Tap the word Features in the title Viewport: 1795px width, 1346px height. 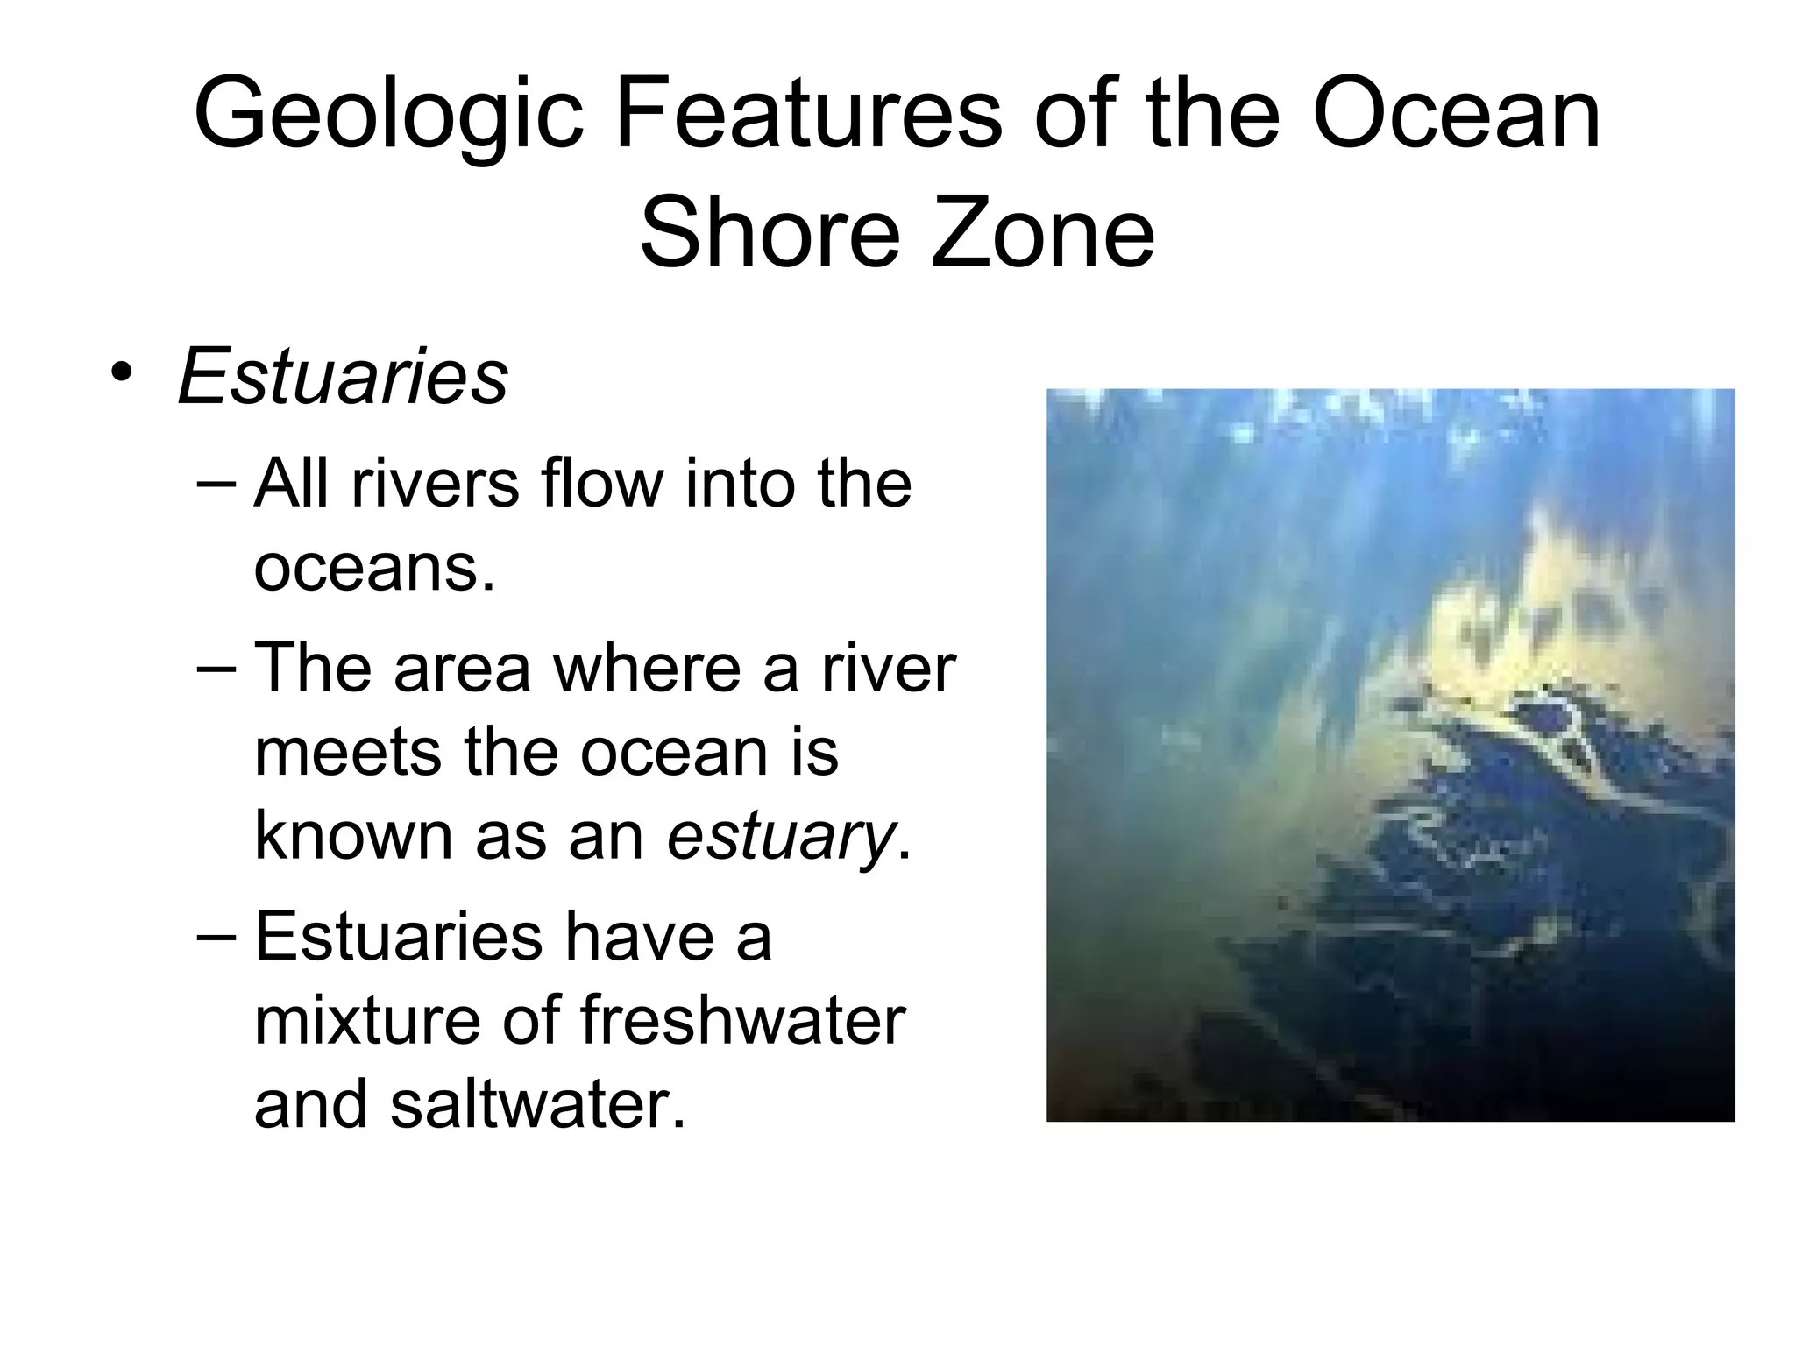(807, 114)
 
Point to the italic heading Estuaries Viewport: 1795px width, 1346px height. (343, 376)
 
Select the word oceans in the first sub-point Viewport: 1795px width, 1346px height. (373, 567)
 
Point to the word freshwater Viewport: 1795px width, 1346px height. (742, 1020)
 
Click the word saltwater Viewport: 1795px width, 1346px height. (537, 1103)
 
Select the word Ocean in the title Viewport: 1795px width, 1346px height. (1456, 114)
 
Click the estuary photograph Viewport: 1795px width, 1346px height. (1390, 754)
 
